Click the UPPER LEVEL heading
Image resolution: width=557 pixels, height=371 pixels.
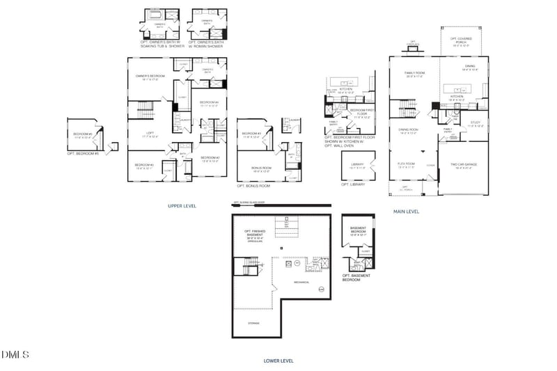click(182, 206)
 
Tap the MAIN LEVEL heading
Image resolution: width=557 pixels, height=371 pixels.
click(407, 211)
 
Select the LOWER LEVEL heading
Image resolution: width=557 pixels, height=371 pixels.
click(278, 361)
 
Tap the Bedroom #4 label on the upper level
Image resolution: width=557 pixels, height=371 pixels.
click(209, 104)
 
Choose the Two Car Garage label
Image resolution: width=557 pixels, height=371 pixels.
click(465, 166)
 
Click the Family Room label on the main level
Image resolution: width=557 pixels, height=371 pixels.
click(415, 74)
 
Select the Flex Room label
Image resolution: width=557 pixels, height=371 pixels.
click(406, 165)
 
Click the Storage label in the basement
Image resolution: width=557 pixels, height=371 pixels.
click(253, 322)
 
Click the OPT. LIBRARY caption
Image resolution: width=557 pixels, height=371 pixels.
click(353, 184)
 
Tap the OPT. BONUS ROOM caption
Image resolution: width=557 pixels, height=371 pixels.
click(253, 186)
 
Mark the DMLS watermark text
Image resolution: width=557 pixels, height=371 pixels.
click(15, 356)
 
